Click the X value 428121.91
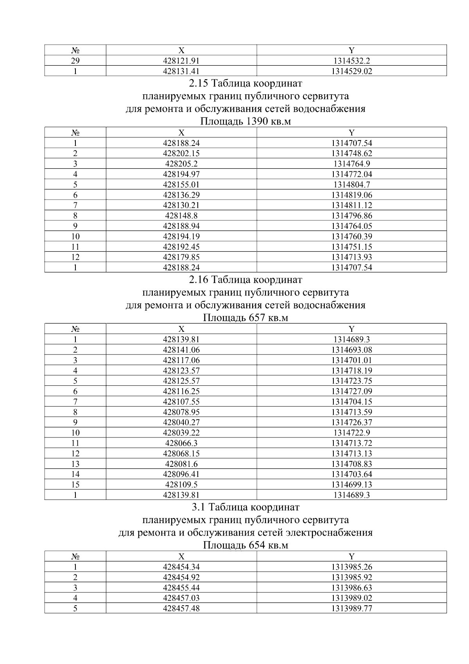pos(181,61)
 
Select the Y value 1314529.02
pos(351,71)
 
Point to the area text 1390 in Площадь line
pos(256,121)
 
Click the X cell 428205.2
pos(181,164)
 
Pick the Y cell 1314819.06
pos(351,195)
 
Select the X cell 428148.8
pos(181,216)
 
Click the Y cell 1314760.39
pos(351,236)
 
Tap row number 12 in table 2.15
pos(75,257)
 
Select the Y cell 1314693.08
pos(351,350)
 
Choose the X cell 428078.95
pos(181,412)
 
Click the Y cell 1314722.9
pos(351,433)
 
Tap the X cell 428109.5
pos(181,484)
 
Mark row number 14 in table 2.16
pos(75,474)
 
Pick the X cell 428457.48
pos(181,608)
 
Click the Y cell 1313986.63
pos(351,588)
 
